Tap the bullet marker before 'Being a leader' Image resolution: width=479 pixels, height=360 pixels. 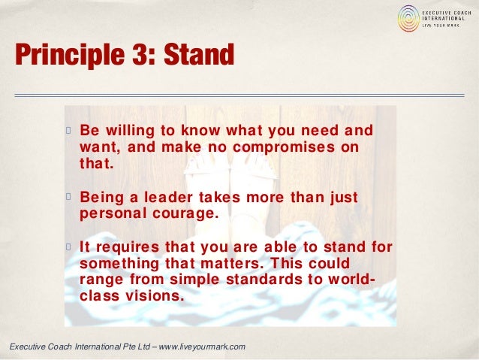pyautogui.click(x=67, y=198)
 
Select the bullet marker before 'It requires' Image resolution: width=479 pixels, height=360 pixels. pyautogui.click(x=67, y=247)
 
